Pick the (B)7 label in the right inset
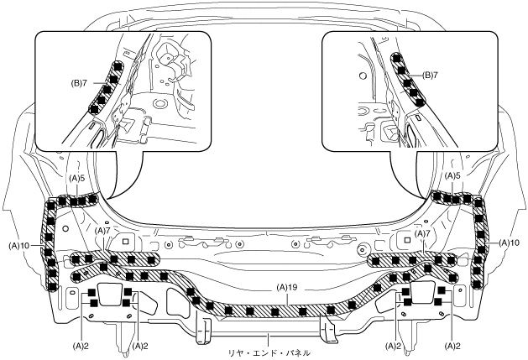click(x=430, y=76)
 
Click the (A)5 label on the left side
click(x=78, y=178)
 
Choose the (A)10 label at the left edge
click(x=20, y=243)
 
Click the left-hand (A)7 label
click(x=103, y=230)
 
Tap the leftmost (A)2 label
click(x=81, y=345)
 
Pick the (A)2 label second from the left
click(x=140, y=345)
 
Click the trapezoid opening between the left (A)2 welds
click(x=110, y=295)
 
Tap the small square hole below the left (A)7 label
click(x=125, y=241)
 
